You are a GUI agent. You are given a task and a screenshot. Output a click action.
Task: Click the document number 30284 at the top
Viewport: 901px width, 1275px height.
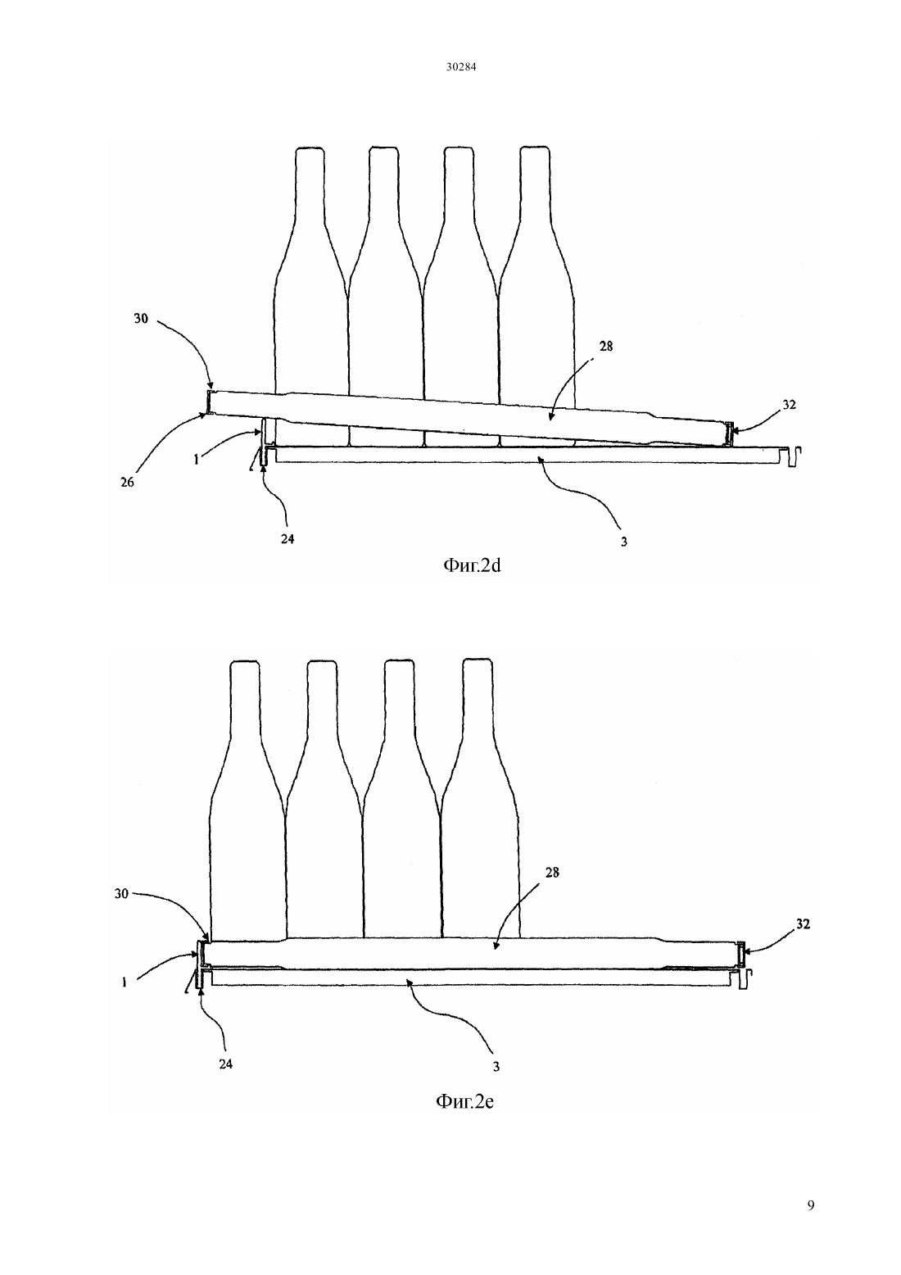460,66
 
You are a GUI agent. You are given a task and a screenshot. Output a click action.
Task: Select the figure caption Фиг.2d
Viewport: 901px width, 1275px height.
472,565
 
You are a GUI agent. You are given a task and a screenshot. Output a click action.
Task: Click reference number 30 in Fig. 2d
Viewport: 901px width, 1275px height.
141,318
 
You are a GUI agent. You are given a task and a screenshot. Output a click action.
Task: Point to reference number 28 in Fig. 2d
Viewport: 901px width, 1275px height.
606,346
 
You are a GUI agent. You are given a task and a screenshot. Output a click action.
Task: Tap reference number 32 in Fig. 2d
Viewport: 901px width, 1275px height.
789,405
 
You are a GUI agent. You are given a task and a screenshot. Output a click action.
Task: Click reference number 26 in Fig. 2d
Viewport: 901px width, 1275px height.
128,482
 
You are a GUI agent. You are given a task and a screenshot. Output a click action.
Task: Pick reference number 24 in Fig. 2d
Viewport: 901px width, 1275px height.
288,538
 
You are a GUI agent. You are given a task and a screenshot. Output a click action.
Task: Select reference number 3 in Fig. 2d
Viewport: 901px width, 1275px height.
624,542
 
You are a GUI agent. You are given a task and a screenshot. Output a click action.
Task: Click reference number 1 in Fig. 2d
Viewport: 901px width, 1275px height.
197,460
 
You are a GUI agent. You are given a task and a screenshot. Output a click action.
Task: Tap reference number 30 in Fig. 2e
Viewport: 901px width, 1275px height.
121,894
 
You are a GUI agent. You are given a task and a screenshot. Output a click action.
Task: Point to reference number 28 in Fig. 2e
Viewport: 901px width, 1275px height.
552,872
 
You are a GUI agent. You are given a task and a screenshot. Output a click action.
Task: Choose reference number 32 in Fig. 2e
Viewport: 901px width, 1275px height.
803,923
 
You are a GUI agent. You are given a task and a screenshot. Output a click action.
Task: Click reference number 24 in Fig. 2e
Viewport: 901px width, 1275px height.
226,1064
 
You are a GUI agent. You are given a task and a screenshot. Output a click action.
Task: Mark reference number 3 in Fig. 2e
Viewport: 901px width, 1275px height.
496,1067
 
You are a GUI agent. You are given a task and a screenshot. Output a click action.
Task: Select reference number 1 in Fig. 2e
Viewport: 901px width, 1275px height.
124,982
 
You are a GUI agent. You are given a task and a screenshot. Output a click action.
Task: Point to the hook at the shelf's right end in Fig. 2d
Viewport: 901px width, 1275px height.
794,456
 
